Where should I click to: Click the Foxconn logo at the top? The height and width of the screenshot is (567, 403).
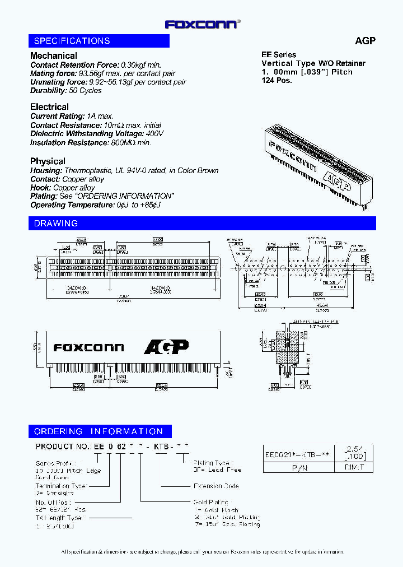[201, 24]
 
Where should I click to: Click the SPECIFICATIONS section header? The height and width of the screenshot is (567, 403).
[72, 41]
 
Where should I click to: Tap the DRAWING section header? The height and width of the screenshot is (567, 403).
[56, 224]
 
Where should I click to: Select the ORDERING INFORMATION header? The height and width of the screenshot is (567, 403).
[99, 431]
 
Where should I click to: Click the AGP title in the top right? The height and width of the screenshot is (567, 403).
[365, 41]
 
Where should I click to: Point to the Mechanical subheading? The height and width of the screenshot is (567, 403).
[54, 55]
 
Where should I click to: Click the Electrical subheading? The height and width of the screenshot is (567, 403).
[50, 106]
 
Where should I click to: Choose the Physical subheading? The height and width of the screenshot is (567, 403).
[48, 161]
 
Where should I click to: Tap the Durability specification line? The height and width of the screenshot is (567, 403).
[66, 90]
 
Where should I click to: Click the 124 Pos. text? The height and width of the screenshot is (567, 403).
[277, 80]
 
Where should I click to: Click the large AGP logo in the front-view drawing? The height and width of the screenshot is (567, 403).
[166, 347]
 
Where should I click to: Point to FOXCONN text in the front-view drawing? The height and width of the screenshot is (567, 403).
[88, 347]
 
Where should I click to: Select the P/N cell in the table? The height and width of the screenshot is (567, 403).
[299, 467]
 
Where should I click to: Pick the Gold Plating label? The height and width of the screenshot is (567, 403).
[210, 503]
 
